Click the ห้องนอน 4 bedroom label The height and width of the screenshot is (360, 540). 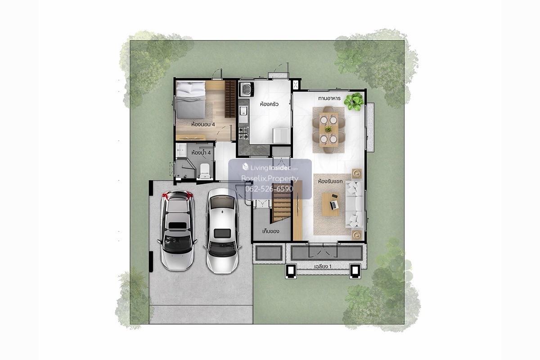[x=203, y=124]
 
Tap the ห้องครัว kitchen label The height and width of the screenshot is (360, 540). [x=269, y=104]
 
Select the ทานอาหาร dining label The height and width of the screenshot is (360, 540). [x=329, y=98]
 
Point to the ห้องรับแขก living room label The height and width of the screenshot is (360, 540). [x=330, y=181]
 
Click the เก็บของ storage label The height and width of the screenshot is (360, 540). [x=270, y=231]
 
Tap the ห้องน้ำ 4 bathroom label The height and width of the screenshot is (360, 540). [x=201, y=153]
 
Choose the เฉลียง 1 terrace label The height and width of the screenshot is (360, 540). [x=323, y=267]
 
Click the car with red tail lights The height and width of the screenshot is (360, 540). [x=177, y=230]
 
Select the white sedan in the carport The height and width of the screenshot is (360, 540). [x=222, y=231]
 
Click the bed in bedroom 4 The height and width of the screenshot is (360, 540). [x=191, y=100]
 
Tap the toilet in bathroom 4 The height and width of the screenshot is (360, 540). [x=205, y=171]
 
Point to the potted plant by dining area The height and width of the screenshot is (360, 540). [x=354, y=102]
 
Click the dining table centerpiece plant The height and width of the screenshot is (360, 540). [x=328, y=130]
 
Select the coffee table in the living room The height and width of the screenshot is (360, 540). [x=330, y=204]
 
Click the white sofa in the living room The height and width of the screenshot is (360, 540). [x=354, y=204]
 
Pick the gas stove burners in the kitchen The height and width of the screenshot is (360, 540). [x=243, y=134]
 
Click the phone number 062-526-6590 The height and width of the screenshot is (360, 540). [x=269, y=189]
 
